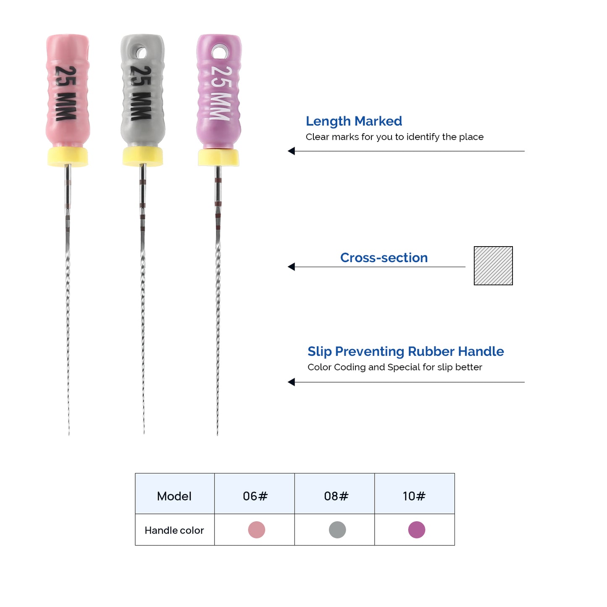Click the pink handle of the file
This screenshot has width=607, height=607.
click(68, 91)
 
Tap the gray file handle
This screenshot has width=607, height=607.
click(143, 91)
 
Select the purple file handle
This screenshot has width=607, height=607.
click(219, 91)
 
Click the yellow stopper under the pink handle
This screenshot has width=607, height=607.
click(68, 157)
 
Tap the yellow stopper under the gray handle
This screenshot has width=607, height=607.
click(143, 157)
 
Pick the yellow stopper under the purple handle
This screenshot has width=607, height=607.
click(218, 158)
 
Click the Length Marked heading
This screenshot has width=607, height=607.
click(354, 121)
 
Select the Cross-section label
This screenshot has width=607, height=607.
click(384, 258)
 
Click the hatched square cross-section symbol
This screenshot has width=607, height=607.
click(493, 266)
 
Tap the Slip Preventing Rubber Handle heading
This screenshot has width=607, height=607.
click(406, 352)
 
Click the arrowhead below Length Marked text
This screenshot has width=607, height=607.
click(292, 151)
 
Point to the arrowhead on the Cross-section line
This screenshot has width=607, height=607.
click(292, 267)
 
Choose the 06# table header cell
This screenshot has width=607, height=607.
click(255, 494)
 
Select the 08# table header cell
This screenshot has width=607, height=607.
click(334, 494)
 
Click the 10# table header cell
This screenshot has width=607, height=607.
click(415, 494)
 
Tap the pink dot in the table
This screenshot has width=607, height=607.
click(257, 530)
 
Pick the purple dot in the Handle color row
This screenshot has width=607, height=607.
click(417, 530)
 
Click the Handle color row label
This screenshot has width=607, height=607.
click(174, 531)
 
